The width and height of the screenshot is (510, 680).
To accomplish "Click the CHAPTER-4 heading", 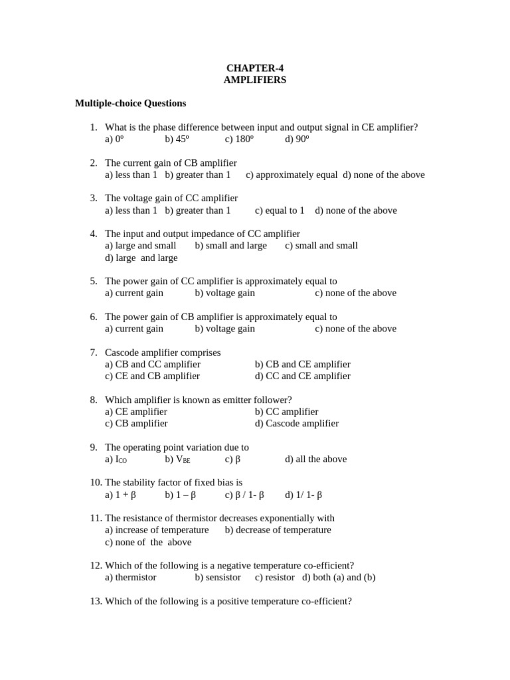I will pos(255,68).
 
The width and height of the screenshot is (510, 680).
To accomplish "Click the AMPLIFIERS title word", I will pos(255,80).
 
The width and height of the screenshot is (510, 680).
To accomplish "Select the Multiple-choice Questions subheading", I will pos(130,103).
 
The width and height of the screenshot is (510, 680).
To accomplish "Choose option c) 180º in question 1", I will pos(239,139).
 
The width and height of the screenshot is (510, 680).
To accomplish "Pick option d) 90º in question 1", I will pos(297,139).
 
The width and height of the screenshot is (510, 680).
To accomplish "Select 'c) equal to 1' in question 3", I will pos(280,211).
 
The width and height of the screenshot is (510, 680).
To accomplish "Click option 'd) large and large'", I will pos(141,258).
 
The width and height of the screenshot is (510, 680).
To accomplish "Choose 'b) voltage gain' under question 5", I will pos(224,293).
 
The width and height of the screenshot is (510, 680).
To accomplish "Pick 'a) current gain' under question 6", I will pos(134,329).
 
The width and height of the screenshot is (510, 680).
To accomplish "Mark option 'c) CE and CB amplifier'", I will pos(152,376).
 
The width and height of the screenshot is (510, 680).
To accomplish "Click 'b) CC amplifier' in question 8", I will pos(286,412).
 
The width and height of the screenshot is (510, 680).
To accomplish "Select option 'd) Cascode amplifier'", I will pos(296,423).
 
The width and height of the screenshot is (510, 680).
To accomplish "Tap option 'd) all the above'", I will pos(315,459).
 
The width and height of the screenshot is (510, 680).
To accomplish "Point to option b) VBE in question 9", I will pos(177,459).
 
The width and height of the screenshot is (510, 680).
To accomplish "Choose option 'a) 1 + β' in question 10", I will pos(120,495).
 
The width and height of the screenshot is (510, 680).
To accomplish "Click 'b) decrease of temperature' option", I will pos(278,530).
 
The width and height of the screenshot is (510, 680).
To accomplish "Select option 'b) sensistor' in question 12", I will pos(218,577).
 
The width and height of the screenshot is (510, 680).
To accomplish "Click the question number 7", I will pos(94,353).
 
